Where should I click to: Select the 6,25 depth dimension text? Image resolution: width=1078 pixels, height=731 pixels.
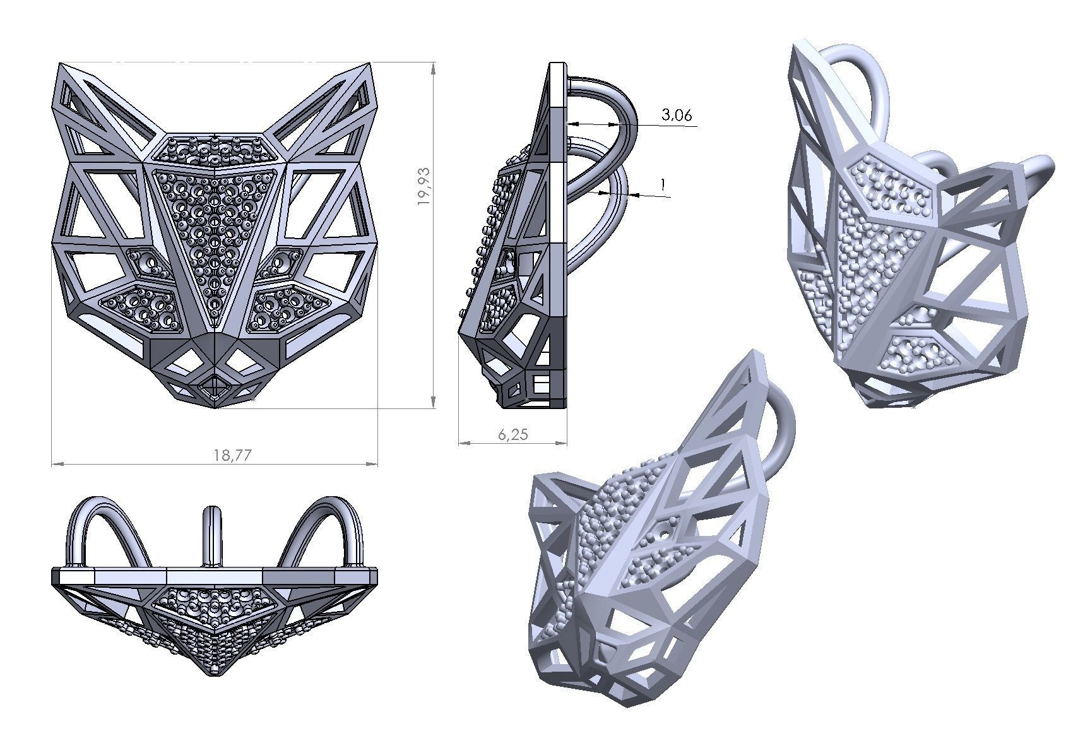tap(512, 434)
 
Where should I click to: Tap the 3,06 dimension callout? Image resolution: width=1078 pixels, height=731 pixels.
tap(677, 115)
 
